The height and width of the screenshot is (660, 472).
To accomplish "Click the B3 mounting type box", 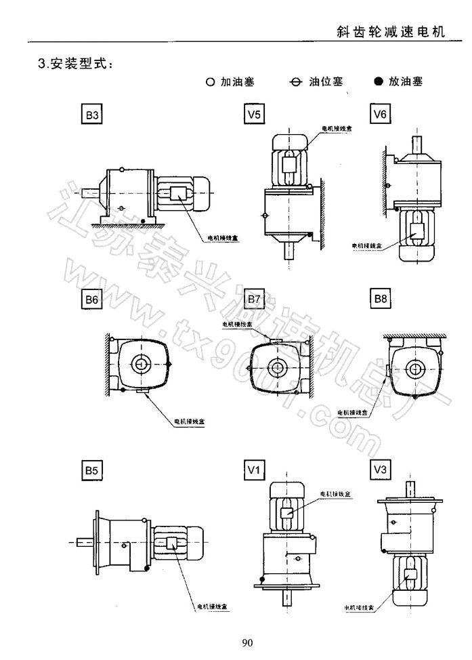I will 93,116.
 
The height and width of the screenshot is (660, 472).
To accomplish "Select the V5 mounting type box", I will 253,115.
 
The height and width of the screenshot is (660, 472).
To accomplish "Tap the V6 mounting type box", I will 381,114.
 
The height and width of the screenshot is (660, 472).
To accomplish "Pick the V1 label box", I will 253,468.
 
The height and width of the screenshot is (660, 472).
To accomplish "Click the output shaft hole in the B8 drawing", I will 413,368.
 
